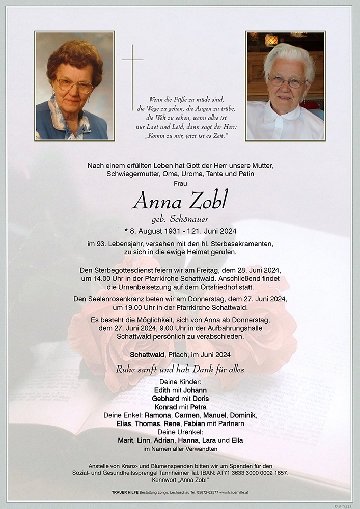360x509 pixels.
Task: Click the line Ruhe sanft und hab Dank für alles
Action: (180, 369)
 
